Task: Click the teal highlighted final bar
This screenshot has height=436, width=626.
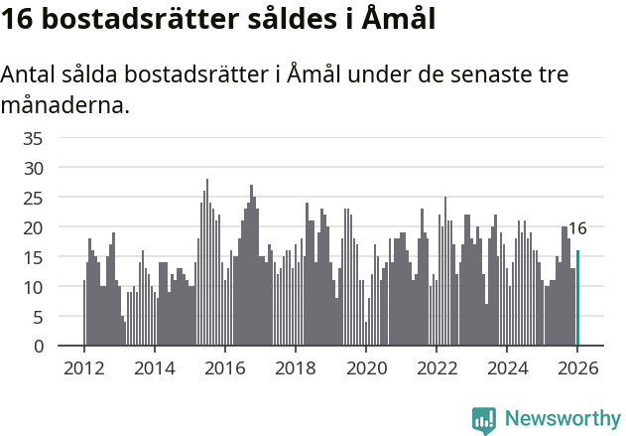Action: coord(577,298)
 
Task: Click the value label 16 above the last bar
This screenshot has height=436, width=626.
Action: coord(577,228)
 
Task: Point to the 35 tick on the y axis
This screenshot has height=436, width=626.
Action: coord(33,138)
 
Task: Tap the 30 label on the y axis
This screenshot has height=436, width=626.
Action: coord(33,168)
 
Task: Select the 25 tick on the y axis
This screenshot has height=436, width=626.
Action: coord(33,198)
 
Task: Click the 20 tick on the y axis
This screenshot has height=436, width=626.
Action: coord(33,227)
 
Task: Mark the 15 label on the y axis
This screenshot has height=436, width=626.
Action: coord(33,257)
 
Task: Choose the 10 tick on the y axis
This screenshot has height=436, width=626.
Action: coord(33,287)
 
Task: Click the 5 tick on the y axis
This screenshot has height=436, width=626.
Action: coord(38,317)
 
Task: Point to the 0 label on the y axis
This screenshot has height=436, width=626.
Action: coord(38,347)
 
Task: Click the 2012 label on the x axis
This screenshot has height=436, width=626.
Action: coord(83,368)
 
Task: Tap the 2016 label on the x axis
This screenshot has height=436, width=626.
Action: coord(224,368)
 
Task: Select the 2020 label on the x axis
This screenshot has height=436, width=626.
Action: coord(366,368)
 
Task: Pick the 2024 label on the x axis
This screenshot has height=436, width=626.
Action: coord(507,368)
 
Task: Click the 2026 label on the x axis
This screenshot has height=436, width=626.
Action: coord(577,368)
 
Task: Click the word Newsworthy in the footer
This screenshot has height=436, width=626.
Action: coord(562,419)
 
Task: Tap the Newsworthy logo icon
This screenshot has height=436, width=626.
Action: coord(484,420)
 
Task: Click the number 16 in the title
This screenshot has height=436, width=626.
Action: coord(19,20)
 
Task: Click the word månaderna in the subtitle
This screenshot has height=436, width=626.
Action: coord(65,104)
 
